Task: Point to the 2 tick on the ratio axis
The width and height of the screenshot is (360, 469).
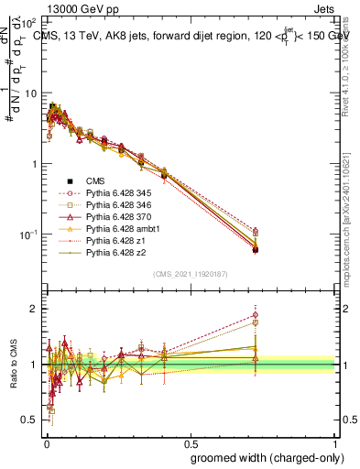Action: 35,309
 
